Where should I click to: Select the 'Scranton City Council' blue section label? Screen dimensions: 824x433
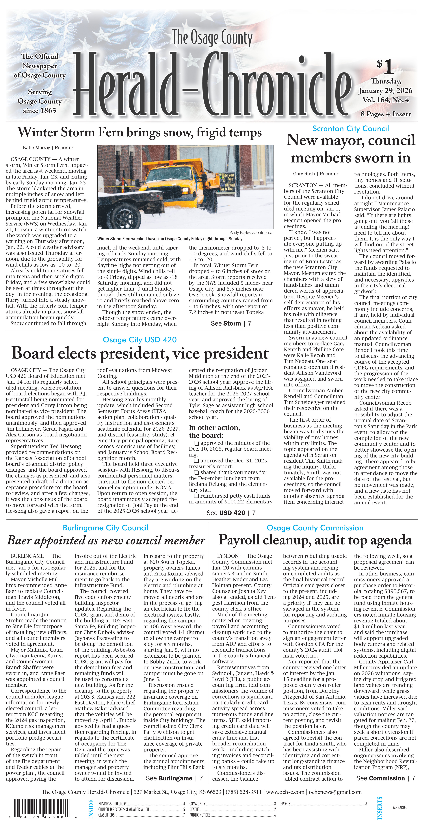pos(350,129)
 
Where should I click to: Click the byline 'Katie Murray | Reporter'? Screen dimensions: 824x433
pos(48,148)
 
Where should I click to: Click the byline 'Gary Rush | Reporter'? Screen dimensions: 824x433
pos(315,174)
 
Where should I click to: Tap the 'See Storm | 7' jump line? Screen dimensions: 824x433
pos(231,323)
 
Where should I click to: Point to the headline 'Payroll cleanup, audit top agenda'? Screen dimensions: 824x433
pos(315,540)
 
